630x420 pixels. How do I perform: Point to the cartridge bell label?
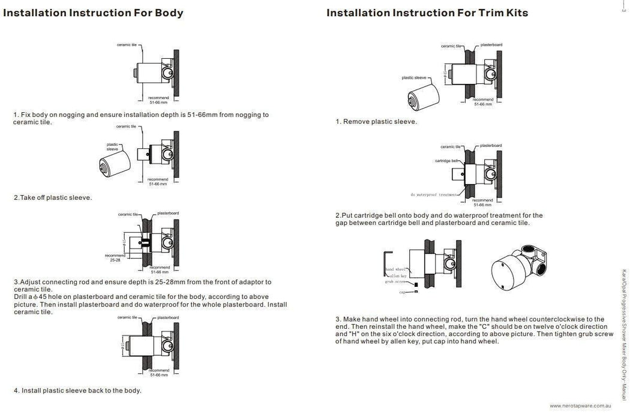click(x=448, y=161)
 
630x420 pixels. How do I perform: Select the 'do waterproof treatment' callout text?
click(x=433, y=194)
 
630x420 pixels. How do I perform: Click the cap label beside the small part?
click(x=401, y=292)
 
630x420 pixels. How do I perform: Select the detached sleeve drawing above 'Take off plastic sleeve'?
click(x=113, y=163)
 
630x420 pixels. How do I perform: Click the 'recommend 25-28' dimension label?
click(x=113, y=258)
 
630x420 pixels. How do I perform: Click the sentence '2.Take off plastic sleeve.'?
click(x=53, y=198)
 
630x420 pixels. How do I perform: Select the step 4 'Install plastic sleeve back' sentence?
click(x=77, y=391)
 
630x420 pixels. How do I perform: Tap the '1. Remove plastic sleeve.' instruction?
click(x=376, y=122)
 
